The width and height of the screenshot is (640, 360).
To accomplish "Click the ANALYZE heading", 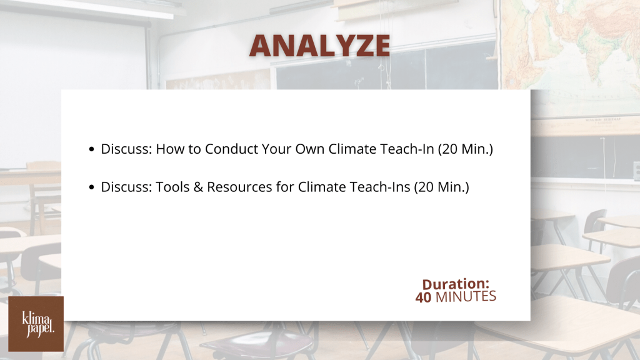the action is pos(320,45).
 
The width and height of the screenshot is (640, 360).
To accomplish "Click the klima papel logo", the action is pos(36,324).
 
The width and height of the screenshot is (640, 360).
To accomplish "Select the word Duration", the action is pos(456,284).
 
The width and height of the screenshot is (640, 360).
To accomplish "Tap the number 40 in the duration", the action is pos(423,297).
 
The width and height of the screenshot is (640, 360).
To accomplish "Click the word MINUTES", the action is pos(466,297).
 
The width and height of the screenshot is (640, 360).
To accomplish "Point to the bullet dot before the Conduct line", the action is pos(91,149).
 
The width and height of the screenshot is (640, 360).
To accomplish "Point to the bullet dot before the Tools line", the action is pos(91,187).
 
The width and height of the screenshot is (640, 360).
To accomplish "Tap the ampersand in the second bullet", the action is pos(198,187).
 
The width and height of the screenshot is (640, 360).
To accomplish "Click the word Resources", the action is pos(239,187).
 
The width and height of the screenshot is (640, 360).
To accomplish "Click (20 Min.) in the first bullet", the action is pos(465,149).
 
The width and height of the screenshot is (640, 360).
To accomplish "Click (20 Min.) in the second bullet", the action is pos(442,187).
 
